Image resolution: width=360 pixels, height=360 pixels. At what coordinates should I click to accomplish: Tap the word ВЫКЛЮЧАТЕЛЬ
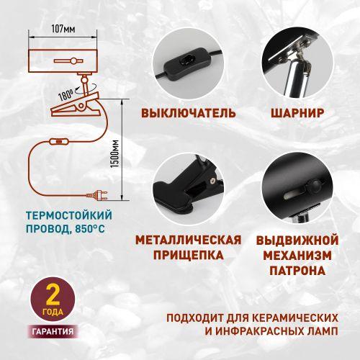pos(189,113)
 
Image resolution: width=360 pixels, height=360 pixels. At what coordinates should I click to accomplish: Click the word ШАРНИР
pos(296,113)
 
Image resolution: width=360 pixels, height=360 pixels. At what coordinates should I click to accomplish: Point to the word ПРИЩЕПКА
pos(189,255)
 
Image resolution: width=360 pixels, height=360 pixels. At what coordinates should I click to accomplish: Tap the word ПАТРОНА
pos(296,271)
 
